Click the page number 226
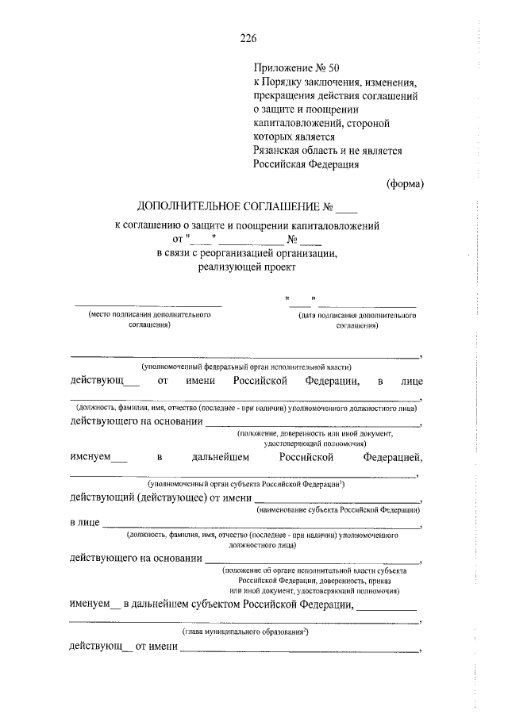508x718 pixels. pyautogui.click(x=248, y=37)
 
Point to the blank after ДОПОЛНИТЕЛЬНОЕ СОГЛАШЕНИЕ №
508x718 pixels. pyautogui.click(x=347, y=209)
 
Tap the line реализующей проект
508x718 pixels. pyautogui.click(x=246, y=267)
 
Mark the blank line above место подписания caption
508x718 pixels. pyautogui.click(x=148, y=305)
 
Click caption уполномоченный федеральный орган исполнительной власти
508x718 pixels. pyautogui.click(x=246, y=367)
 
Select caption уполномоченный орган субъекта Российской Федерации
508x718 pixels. pyautogui.click(x=245, y=484)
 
